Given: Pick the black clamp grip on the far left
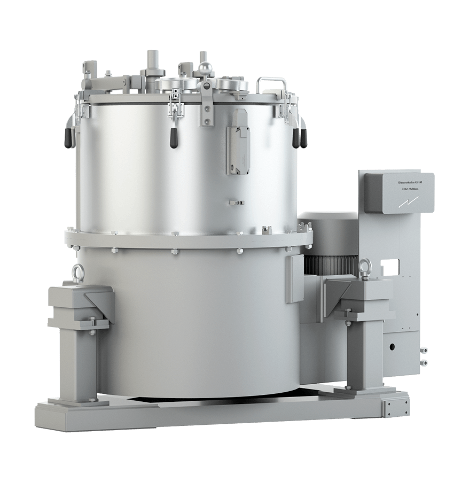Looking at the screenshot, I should coord(68,137).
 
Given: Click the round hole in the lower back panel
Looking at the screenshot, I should coord(393,347).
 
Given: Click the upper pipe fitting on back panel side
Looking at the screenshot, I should coord(424,351).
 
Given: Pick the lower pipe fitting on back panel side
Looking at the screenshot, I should coord(424,363).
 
